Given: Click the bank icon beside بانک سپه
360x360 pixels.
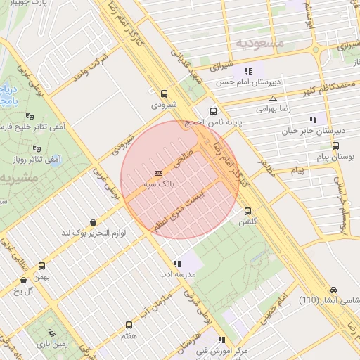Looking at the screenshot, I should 158,172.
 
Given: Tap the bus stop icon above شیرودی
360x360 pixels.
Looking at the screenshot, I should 165,94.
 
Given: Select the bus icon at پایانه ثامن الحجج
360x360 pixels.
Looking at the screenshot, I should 214,111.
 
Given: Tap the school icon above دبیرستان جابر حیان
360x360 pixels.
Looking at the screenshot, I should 312,120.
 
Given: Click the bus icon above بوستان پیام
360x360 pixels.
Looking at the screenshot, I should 335,146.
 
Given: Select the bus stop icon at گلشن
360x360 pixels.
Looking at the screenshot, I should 247,211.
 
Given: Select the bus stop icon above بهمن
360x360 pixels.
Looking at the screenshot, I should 42,266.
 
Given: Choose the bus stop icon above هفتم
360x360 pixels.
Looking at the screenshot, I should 129,325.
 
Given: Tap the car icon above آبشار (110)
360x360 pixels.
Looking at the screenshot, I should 333,290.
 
